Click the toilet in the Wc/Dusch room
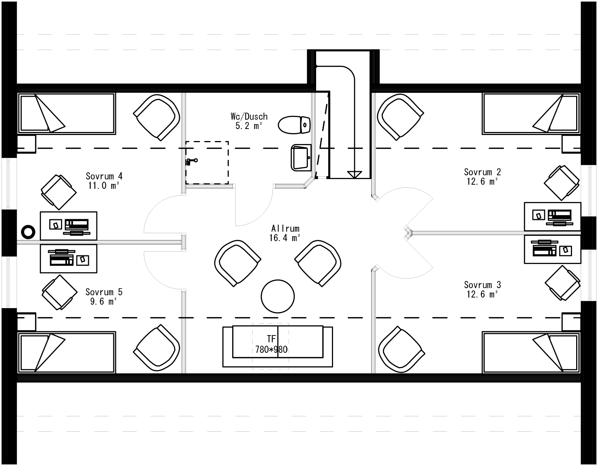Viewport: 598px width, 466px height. tap(294, 124)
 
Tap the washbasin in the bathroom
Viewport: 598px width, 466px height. tap(301, 157)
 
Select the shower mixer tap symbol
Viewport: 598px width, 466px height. tap(191, 162)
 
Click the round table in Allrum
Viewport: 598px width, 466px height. tap(278, 296)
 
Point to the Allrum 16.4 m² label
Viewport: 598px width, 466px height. tap(285, 233)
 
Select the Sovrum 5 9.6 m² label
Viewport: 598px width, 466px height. tap(104, 296)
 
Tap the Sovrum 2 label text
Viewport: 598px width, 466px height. tap(482, 176)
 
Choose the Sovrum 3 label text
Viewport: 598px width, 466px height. tap(482, 289)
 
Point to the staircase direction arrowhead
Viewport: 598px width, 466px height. tap(354, 175)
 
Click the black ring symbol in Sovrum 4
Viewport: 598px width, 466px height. tap(28, 232)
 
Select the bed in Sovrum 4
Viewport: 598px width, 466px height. tap(67, 114)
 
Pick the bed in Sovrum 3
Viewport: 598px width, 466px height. tap(531, 352)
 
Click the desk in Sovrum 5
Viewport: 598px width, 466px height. tap(68, 259)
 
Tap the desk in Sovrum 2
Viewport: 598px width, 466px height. tap(552, 216)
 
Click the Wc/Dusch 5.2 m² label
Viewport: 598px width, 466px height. tap(249, 121)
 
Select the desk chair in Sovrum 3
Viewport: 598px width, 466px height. tap(562, 283)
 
